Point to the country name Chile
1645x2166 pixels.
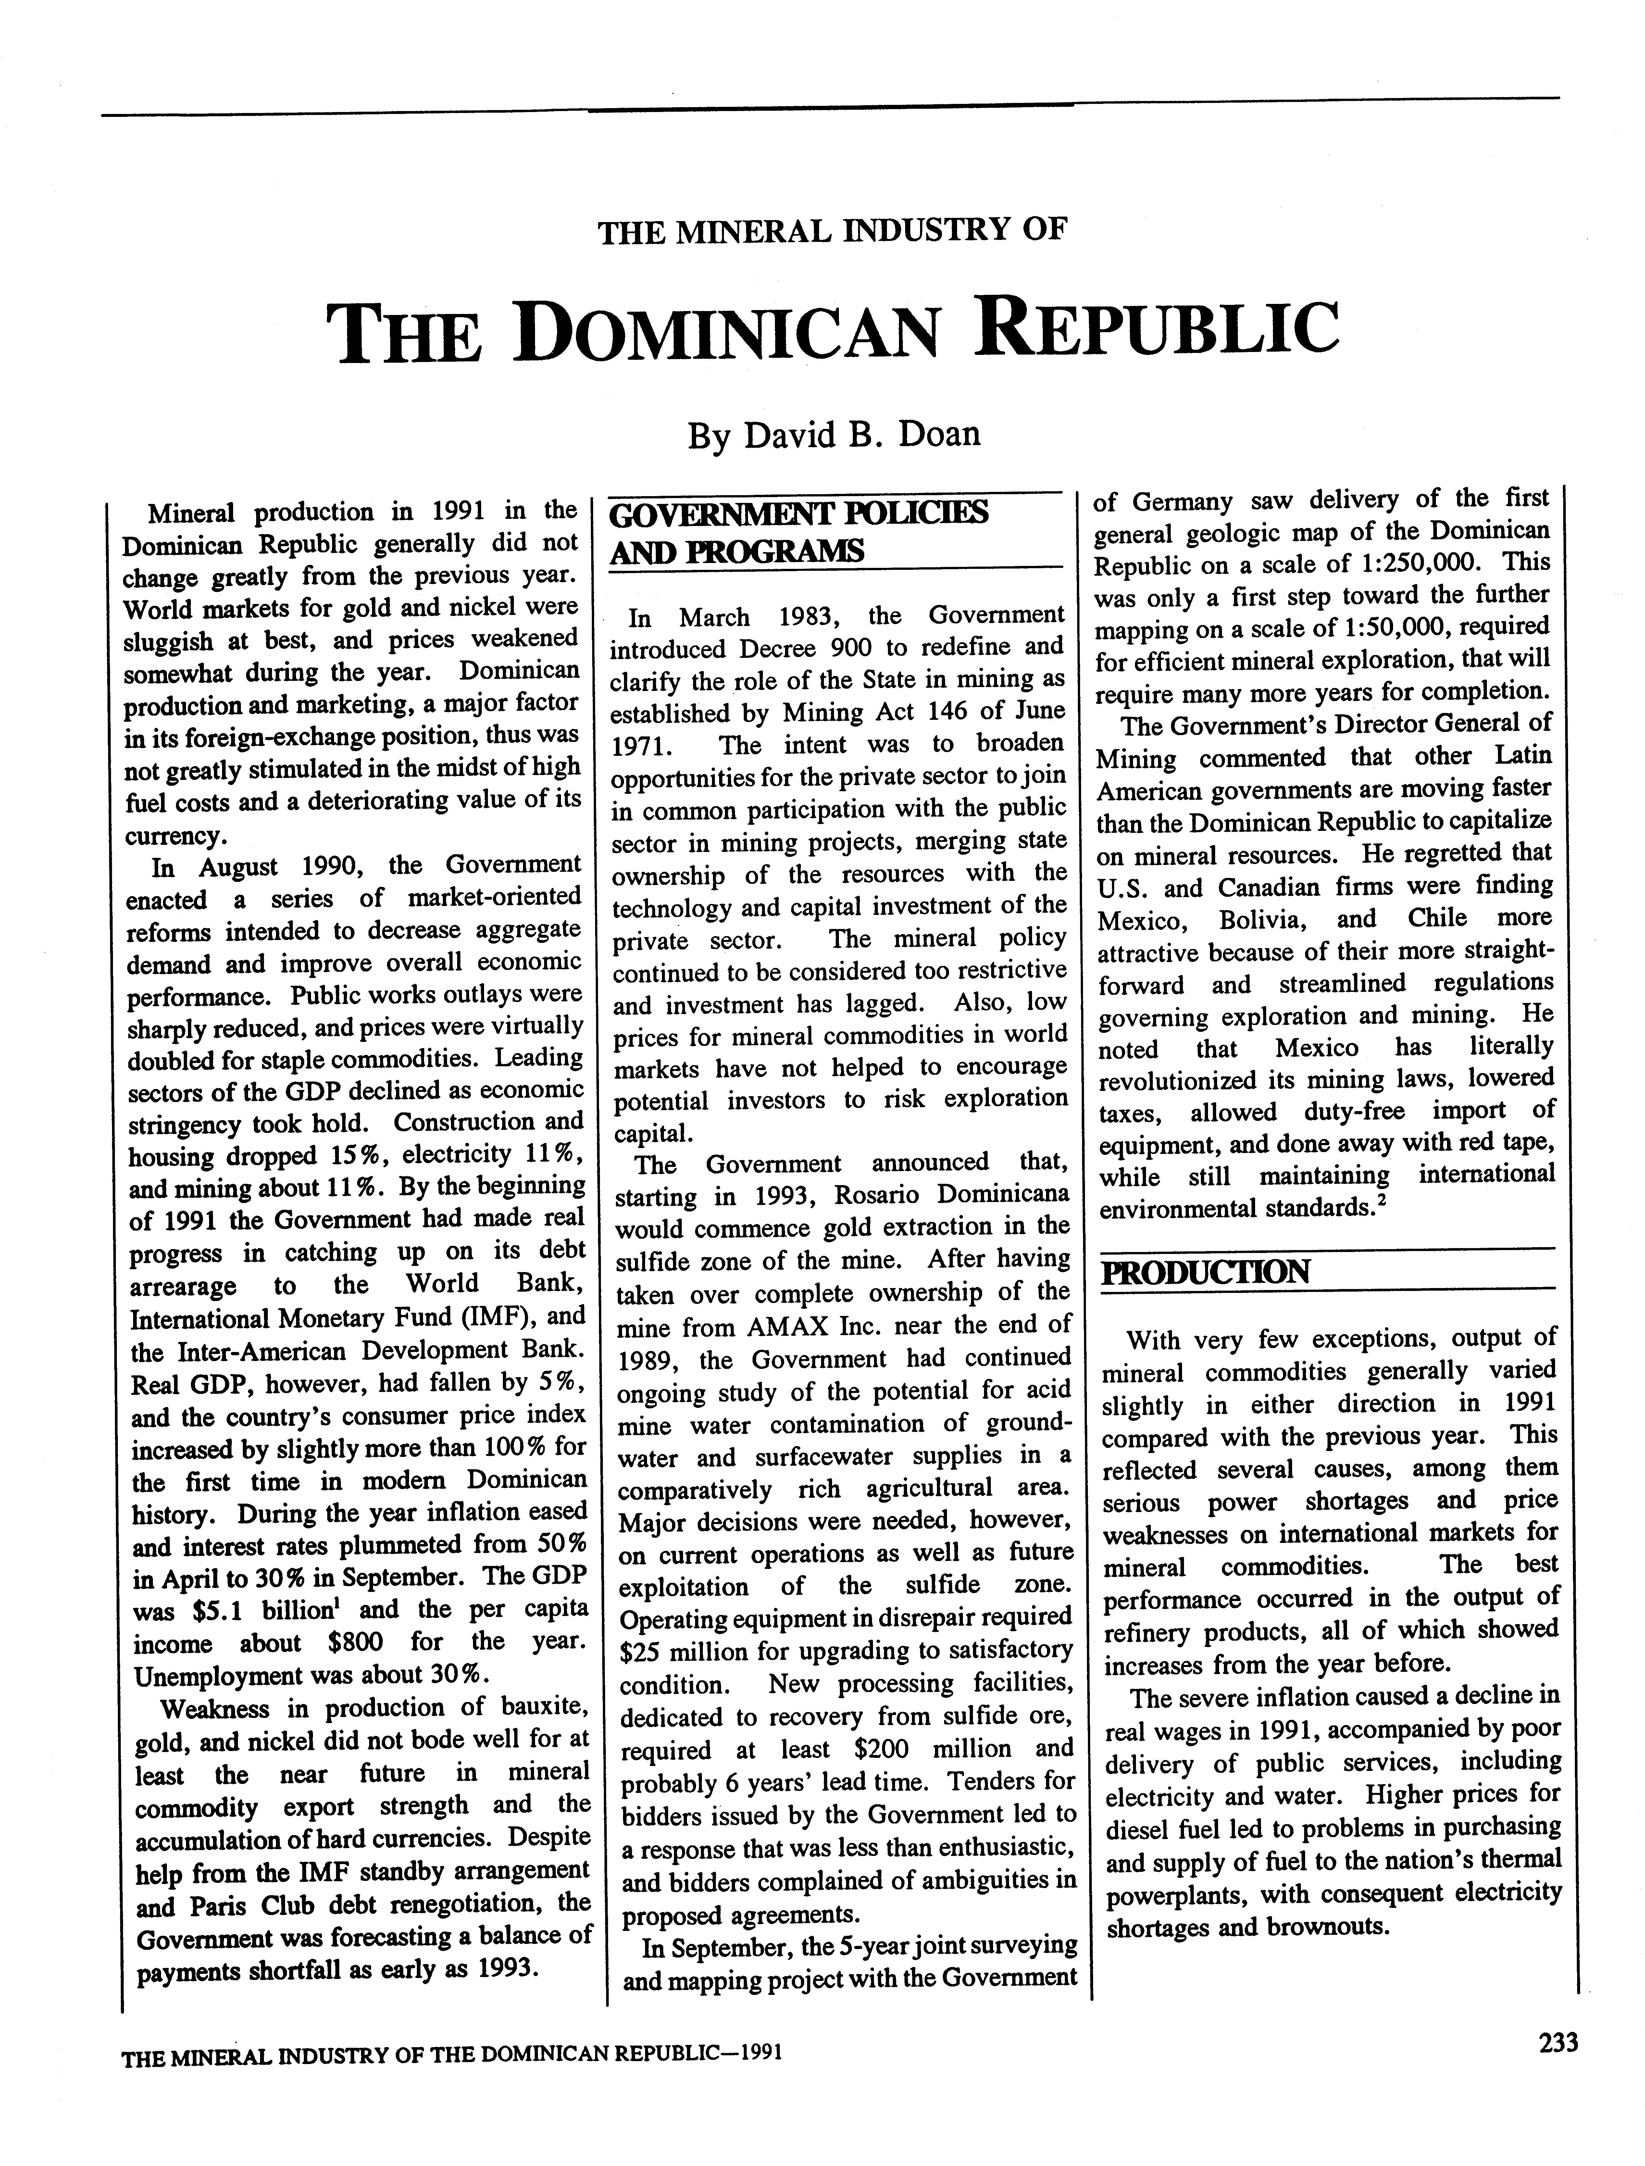1438,919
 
